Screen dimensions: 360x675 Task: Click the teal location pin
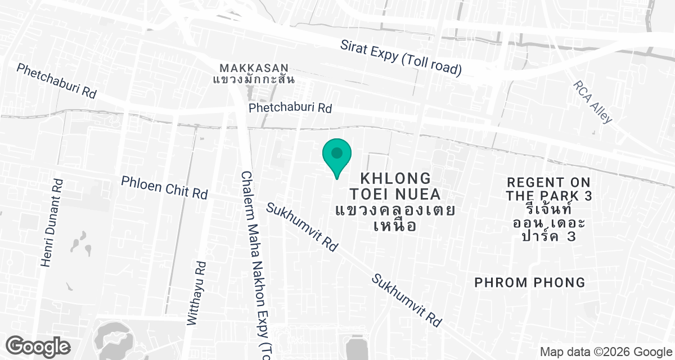click(x=336, y=155)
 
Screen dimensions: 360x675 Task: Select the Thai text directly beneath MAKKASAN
click(x=254, y=79)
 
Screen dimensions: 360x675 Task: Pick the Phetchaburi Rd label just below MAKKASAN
click(x=290, y=107)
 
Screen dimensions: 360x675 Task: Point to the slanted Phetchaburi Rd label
click(x=56, y=81)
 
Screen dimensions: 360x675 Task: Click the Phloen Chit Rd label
click(x=165, y=187)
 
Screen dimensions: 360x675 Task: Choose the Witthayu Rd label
click(x=197, y=294)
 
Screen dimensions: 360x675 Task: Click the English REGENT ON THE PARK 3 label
click(x=548, y=189)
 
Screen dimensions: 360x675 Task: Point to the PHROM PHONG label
click(x=530, y=282)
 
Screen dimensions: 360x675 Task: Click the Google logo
click(x=38, y=345)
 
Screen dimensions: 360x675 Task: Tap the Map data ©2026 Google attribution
click(x=605, y=352)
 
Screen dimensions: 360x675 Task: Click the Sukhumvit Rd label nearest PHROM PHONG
click(x=407, y=301)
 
